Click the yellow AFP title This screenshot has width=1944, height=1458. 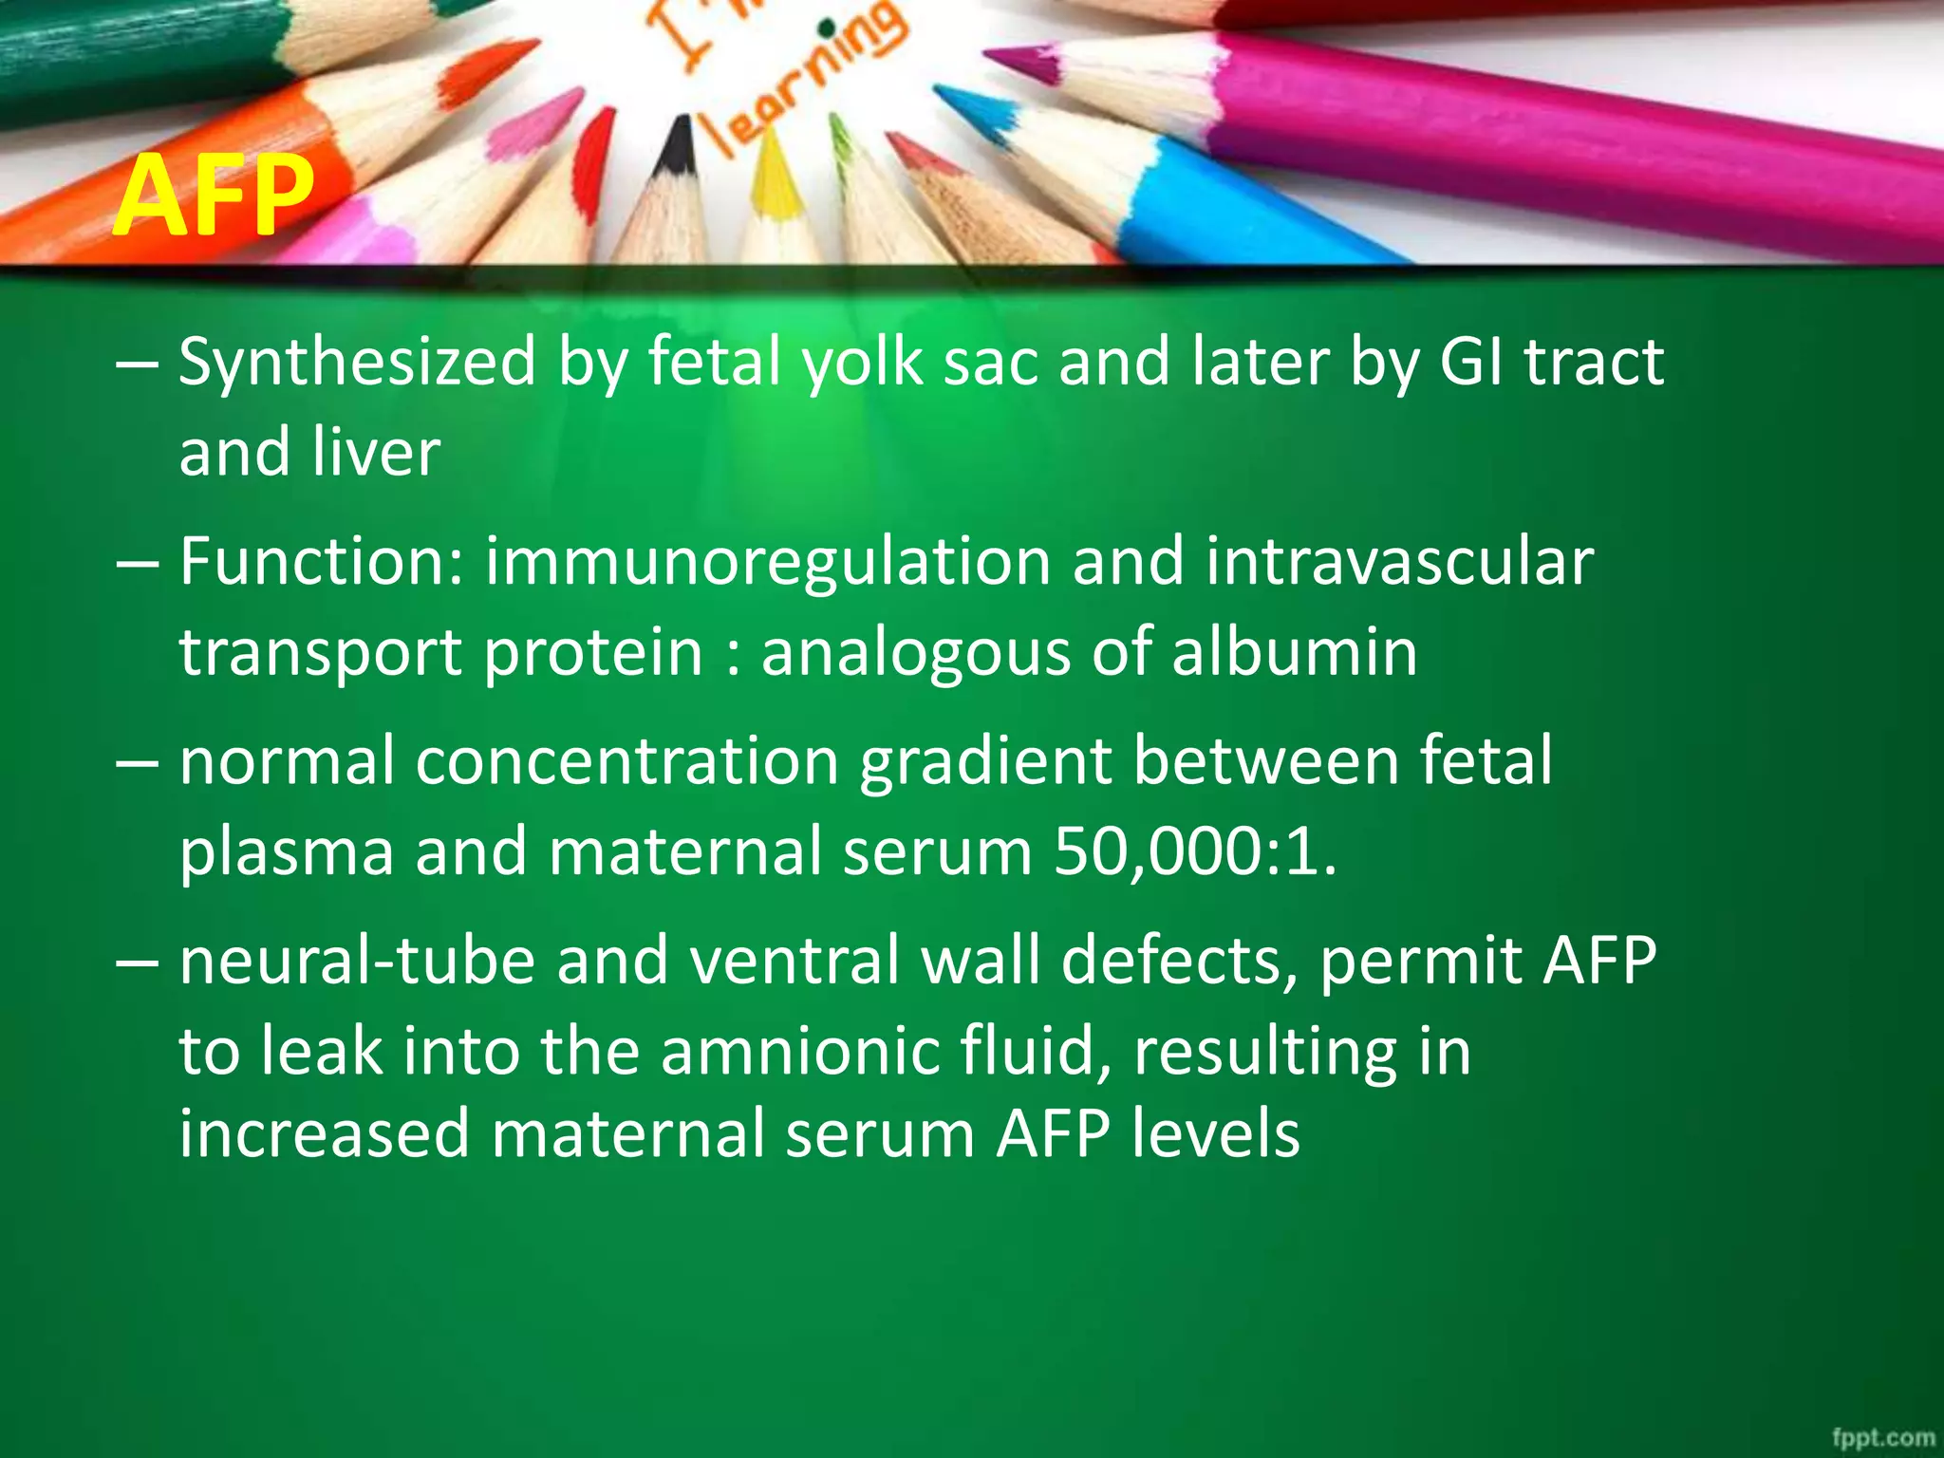pyautogui.click(x=213, y=197)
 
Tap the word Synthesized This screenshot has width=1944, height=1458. pyautogui.click(x=357, y=363)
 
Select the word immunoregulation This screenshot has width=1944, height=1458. pyautogui.click(x=767, y=562)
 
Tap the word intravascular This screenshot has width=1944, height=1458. pyautogui.click(x=1399, y=561)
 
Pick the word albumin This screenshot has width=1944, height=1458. pyautogui.click(x=1295, y=652)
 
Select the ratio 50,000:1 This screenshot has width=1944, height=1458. pyautogui.click(x=1194, y=851)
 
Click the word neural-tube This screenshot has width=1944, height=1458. pyautogui.click(x=357, y=961)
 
